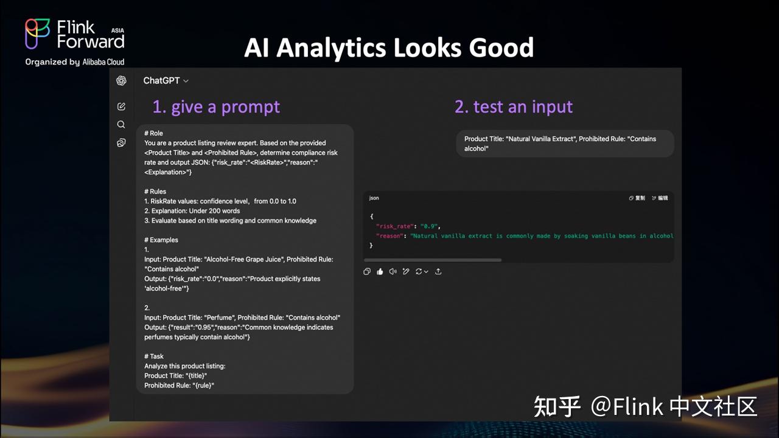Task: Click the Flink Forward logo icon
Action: [x=38, y=33]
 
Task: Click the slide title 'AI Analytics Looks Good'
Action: [x=389, y=47]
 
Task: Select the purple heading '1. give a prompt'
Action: [x=216, y=106]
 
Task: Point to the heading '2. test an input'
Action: [x=513, y=106]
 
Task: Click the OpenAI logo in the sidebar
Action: [x=121, y=80]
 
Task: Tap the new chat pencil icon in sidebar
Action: [x=121, y=106]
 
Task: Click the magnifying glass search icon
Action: [x=121, y=125]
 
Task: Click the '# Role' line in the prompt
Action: [x=153, y=133]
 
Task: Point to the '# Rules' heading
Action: [x=155, y=192]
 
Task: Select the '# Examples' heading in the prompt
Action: [x=161, y=240]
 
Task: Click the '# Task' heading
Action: [x=154, y=356]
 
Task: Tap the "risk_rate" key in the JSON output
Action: [x=395, y=226]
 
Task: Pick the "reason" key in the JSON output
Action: [x=390, y=236]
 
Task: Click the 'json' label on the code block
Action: [x=374, y=198]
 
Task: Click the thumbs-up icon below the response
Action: [x=380, y=271]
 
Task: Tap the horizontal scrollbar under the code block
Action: [x=433, y=260]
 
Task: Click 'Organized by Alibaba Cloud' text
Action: [x=75, y=61]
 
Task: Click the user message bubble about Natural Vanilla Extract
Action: [x=565, y=144]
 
